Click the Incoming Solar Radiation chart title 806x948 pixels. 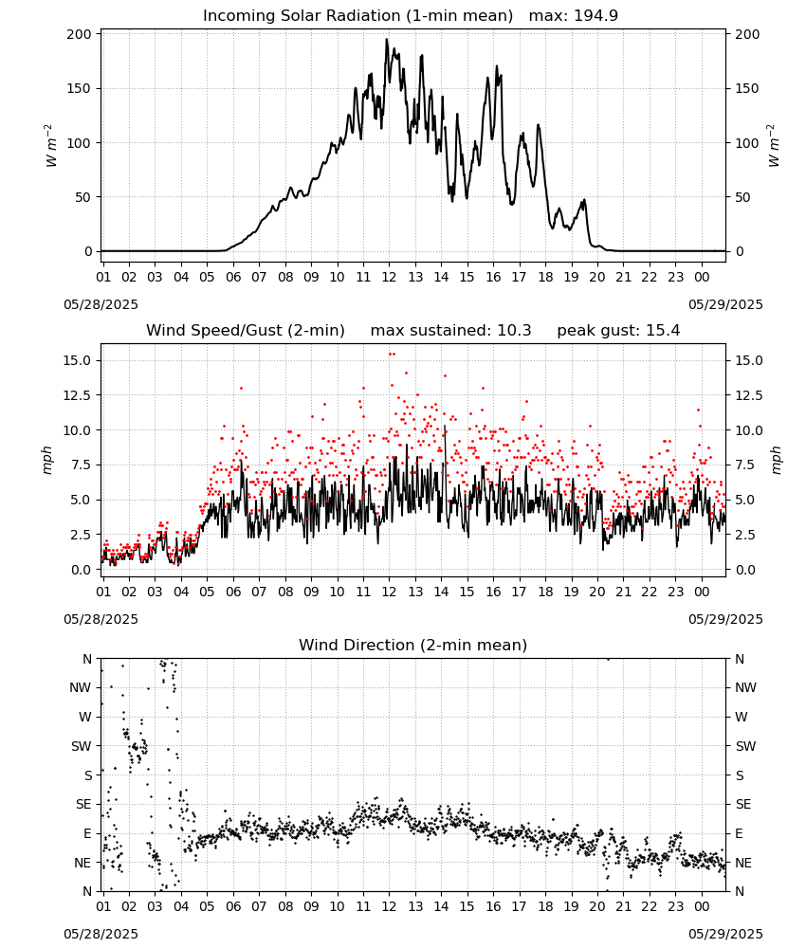(x=357, y=16)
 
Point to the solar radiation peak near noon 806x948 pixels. (x=386, y=40)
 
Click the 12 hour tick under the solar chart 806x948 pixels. (x=389, y=277)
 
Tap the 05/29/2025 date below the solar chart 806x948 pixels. (x=725, y=304)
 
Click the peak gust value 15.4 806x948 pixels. (x=661, y=331)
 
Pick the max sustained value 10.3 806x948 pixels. (x=514, y=331)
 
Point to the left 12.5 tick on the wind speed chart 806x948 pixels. (x=76, y=395)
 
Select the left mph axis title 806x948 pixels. (x=47, y=460)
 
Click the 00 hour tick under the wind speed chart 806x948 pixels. (x=702, y=592)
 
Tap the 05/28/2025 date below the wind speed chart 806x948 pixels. (x=101, y=620)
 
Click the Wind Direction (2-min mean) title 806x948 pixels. (x=413, y=645)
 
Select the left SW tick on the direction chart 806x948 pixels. (x=82, y=746)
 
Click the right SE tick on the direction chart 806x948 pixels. (x=743, y=804)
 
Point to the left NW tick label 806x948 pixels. (x=81, y=687)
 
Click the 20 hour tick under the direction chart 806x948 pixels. (x=597, y=907)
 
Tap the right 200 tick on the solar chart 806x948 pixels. (x=747, y=34)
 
